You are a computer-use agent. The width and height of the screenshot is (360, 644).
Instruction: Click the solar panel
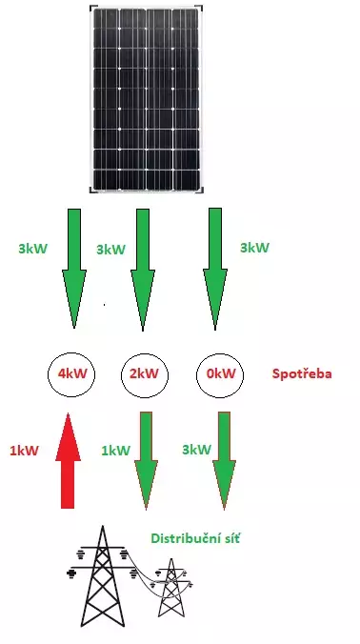[x=146, y=99]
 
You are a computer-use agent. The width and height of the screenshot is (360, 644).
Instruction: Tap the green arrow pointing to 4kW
[x=74, y=269]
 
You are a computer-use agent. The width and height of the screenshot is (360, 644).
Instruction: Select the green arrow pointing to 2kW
[x=143, y=270]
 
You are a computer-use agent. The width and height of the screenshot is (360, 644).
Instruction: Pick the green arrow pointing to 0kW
[x=215, y=269]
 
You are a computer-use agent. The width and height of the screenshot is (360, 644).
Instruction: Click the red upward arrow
[x=69, y=461]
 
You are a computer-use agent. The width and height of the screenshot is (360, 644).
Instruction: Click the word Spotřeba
[x=302, y=374]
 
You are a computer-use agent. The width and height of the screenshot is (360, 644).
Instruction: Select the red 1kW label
[x=24, y=451]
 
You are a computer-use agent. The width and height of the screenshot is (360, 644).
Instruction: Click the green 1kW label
[x=116, y=451]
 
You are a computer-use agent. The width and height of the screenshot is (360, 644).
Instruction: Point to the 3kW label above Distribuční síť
[x=197, y=450]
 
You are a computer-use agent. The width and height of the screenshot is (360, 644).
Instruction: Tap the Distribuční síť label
[x=195, y=538]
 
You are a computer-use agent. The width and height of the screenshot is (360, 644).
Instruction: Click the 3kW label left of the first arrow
[x=32, y=249]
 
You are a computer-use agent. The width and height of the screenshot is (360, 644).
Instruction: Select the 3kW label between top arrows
[x=110, y=250]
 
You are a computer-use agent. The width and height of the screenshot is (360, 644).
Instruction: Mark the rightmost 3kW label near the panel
[x=254, y=248]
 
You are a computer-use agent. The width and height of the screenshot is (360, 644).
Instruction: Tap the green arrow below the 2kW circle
[x=146, y=461]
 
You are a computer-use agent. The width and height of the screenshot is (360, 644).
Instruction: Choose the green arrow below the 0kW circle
[x=224, y=461]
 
